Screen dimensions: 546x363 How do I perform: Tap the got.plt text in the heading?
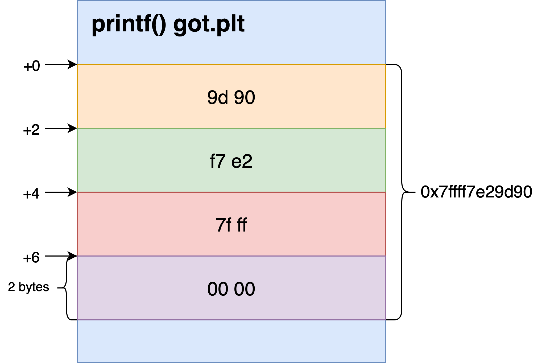coord(209,25)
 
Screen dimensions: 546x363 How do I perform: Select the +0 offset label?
coord(32,66)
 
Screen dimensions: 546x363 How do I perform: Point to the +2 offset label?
coord(31,130)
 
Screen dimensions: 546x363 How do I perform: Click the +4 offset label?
coord(31,194)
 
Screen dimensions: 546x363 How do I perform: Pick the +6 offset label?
coord(31,258)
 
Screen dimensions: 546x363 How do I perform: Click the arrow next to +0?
coord(61,64)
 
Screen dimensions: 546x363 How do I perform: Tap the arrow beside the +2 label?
coord(61,128)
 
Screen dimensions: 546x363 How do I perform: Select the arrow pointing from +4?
coord(61,192)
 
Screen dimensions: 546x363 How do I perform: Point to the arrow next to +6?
coord(61,256)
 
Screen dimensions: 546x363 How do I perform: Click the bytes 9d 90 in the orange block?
coord(231,97)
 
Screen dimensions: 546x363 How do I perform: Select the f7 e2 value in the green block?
coord(231,161)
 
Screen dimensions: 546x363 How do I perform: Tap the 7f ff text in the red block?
coord(231,225)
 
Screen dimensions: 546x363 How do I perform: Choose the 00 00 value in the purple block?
coord(231,289)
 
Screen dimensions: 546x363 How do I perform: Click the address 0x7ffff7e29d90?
coord(476,192)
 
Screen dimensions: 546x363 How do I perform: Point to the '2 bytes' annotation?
coord(28,287)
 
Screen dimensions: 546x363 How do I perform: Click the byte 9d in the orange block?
coord(218,97)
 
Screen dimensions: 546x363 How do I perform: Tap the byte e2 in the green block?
coord(242,161)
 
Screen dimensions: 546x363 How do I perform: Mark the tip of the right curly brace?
coord(414,192)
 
